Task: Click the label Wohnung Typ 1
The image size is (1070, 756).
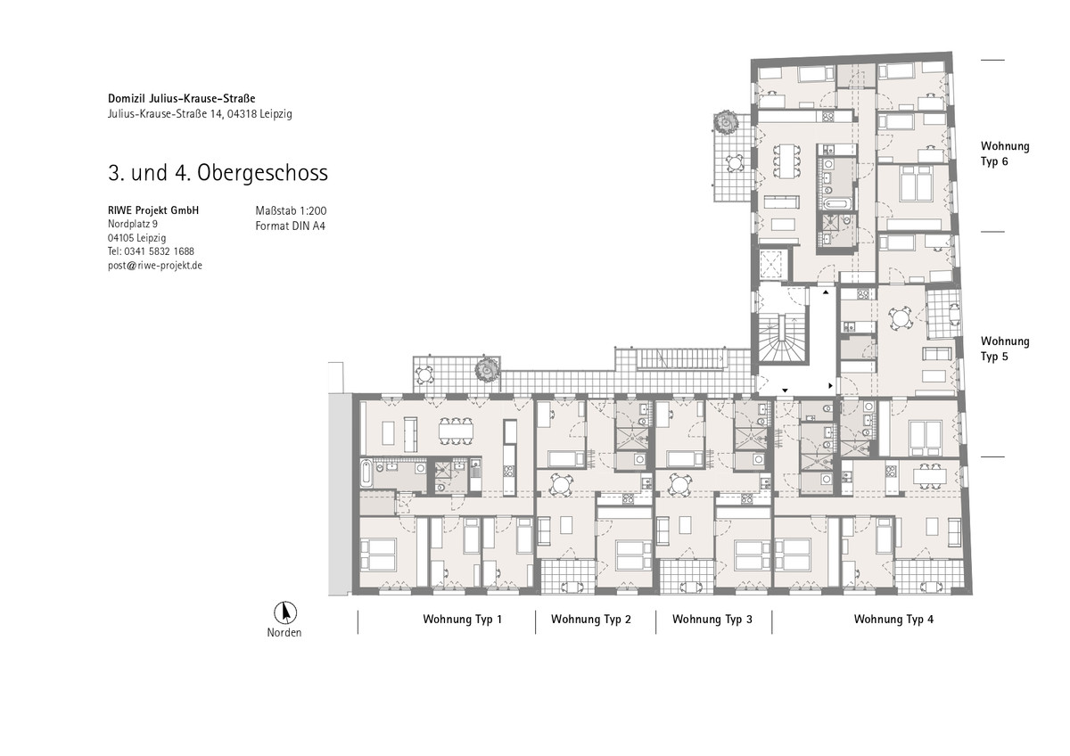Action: (x=463, y=620)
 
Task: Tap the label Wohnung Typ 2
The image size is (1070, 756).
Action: (x=591, y=620)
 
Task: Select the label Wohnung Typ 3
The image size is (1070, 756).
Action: (x=712, y=620)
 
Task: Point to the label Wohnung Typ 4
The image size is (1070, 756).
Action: (x=893, y=620)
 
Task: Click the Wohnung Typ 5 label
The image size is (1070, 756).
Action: (x=1005, y=349)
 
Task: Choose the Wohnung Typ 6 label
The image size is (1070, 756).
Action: (x=1005, y=153)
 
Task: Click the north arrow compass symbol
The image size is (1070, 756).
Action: (x=285, y=612)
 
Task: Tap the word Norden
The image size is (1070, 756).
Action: (x=284, y=633)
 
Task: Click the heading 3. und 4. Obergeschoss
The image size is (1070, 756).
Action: (x=218, y=172)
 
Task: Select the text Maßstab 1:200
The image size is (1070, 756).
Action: (x=291, y=210)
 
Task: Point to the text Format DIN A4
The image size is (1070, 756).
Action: (x=291, y=226)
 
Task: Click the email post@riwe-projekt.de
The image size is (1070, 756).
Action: (x=155, y=266)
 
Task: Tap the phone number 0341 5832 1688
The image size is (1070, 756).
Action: (x=159, y=251)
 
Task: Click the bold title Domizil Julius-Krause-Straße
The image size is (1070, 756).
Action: (x=182, y=98)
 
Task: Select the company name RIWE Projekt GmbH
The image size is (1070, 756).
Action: (x=153, y=210)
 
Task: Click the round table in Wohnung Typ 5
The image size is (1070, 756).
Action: (x=900, y=318)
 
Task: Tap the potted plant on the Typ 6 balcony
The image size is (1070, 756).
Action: (x=725, y=123)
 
